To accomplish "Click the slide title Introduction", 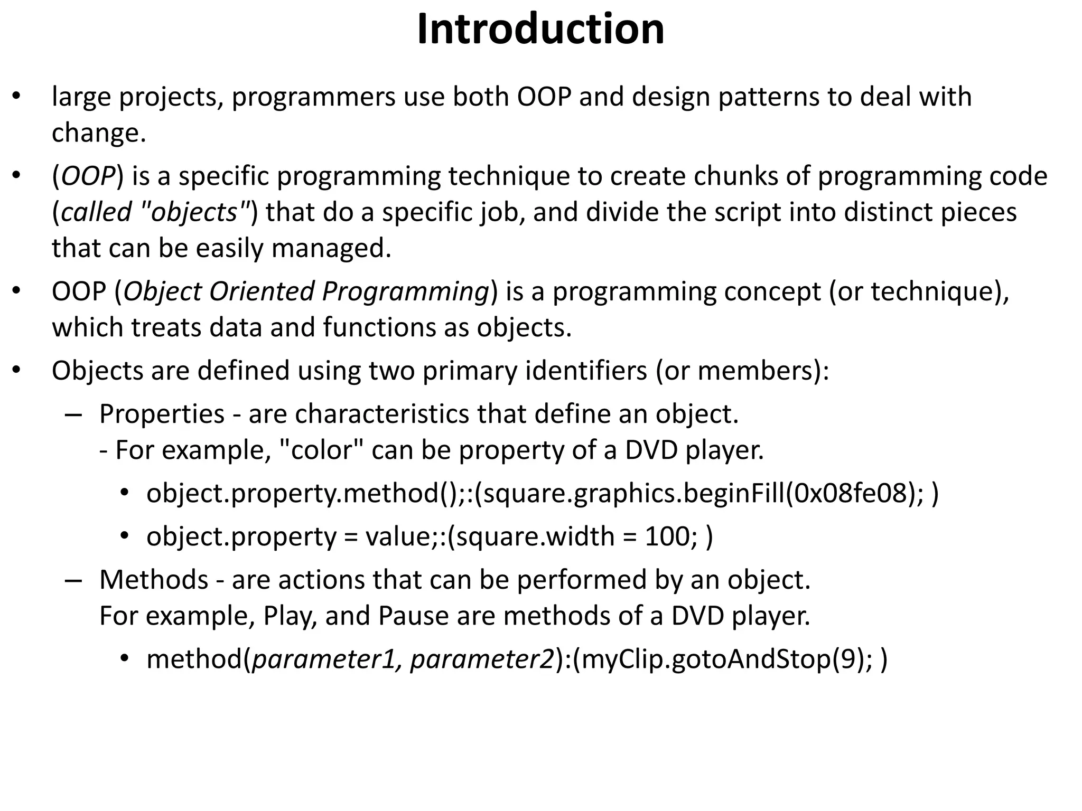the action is coord(540,30).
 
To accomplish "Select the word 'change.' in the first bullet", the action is coord(99,133).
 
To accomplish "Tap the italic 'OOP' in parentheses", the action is coord(88,176).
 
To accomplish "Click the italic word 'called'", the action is coord(96,213).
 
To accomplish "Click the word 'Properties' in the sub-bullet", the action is coord(162,414).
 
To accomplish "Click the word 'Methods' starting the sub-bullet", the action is coord(154,580).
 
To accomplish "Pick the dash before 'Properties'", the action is coord(73,415).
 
